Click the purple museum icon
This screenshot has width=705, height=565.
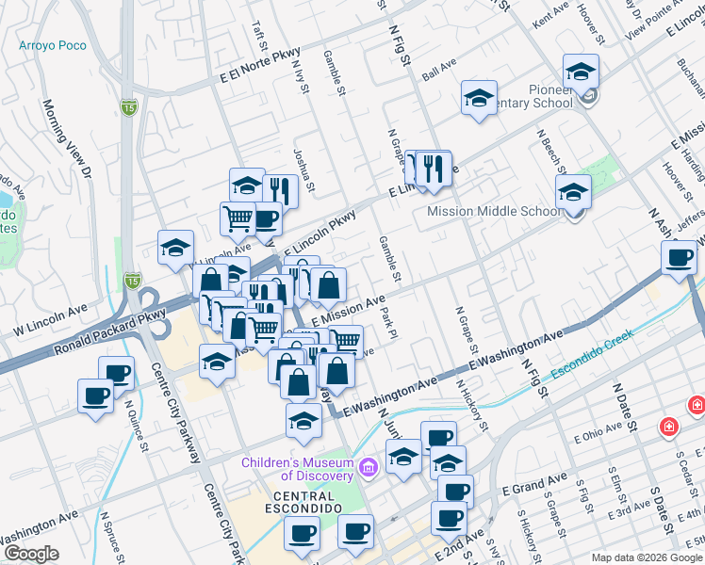click(369, 464)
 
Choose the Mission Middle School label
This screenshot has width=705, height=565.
click(494, 211)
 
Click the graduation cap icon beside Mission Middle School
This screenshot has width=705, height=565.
click(573, 194)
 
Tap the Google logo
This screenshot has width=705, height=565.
click(32, 553)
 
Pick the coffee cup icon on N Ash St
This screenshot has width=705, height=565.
click(679, 259)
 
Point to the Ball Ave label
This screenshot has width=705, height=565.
click(439, 70)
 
